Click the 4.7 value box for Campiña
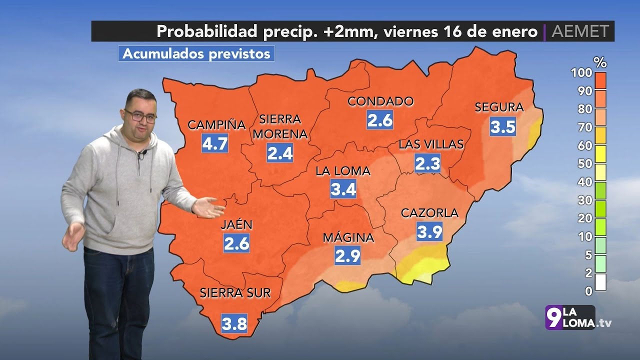pos(215,143)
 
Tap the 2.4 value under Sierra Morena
pos(280,153)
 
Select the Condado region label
pos(380,101)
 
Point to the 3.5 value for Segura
pos(502,126)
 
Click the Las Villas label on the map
pos(431,144)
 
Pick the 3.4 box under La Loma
pos(343,189)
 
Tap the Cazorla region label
pos(429,213)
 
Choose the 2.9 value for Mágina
pos(347,256)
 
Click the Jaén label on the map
pos(236,225)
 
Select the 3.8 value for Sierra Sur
pos(234,324)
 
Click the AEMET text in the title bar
pos(580,31)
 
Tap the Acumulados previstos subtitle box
pos(196,53)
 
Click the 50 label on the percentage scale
pos(585,163)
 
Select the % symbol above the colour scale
pos(599,62)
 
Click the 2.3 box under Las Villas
pos(427,163)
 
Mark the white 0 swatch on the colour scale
pos(600,282)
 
